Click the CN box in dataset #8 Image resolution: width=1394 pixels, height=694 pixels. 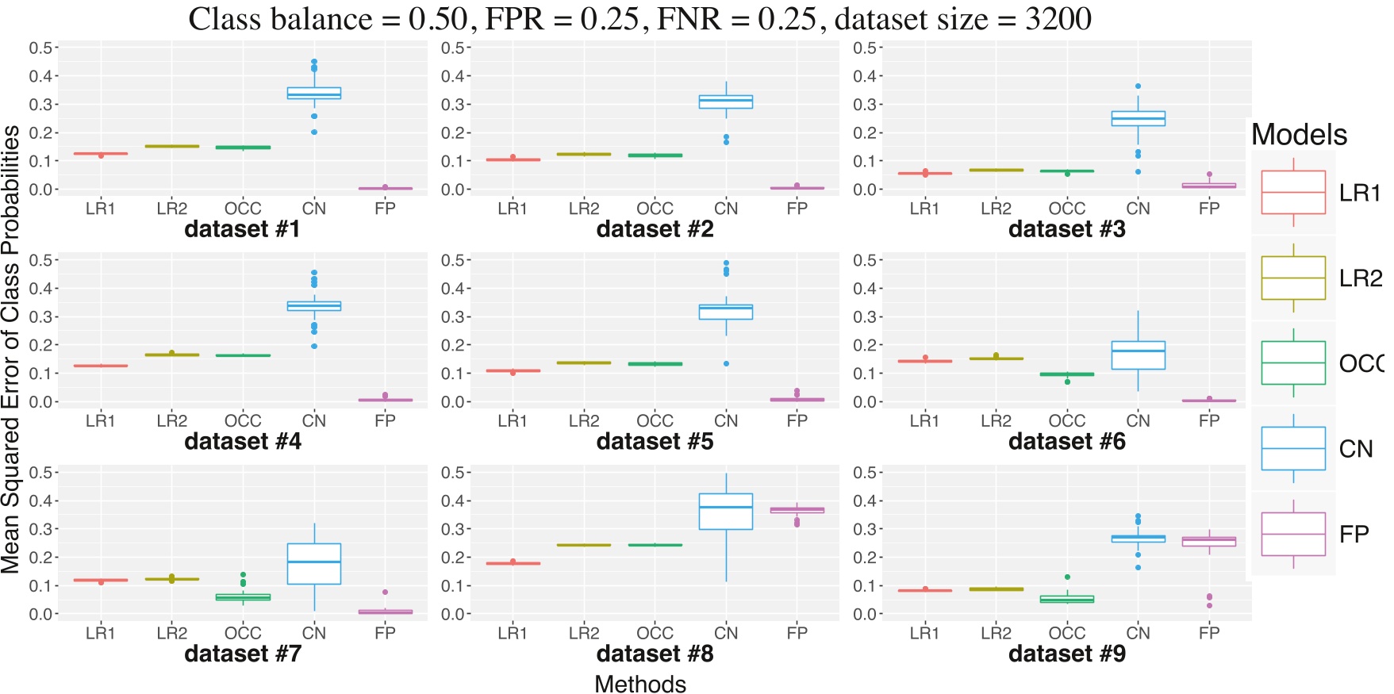tap(725, 512)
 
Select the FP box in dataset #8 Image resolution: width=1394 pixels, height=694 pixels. tap(797, 510)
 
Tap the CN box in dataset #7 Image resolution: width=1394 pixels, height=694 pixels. tap(313, 564)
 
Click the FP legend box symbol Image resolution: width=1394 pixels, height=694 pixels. tap(1292, 534)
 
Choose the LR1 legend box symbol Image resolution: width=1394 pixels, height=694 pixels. tap(1292, 192)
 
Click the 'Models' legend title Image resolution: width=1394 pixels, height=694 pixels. tap(1299, 135)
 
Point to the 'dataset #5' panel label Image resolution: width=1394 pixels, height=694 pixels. tap(655, 442)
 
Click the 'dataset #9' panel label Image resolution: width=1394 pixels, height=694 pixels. tap(1066, 654)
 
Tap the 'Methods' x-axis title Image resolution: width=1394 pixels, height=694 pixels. tap(639, 684)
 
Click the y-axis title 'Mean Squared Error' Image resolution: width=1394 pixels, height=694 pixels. tap(11, 349)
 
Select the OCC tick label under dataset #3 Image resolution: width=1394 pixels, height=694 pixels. tap(1066, 209)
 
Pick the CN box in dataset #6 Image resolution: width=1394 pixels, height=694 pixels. tap(1138, 355)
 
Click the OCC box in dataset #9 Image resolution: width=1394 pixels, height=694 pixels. tap(1066, 600)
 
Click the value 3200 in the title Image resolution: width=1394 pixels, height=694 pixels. tap(1058, 19)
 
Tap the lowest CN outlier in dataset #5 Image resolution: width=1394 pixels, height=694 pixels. tap(726, 363)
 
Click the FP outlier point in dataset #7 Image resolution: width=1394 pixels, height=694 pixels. tap(385, 592)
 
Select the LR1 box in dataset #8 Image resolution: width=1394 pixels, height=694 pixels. tap(513, 563)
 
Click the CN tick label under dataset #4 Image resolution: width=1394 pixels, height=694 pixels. tap(313, 421)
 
